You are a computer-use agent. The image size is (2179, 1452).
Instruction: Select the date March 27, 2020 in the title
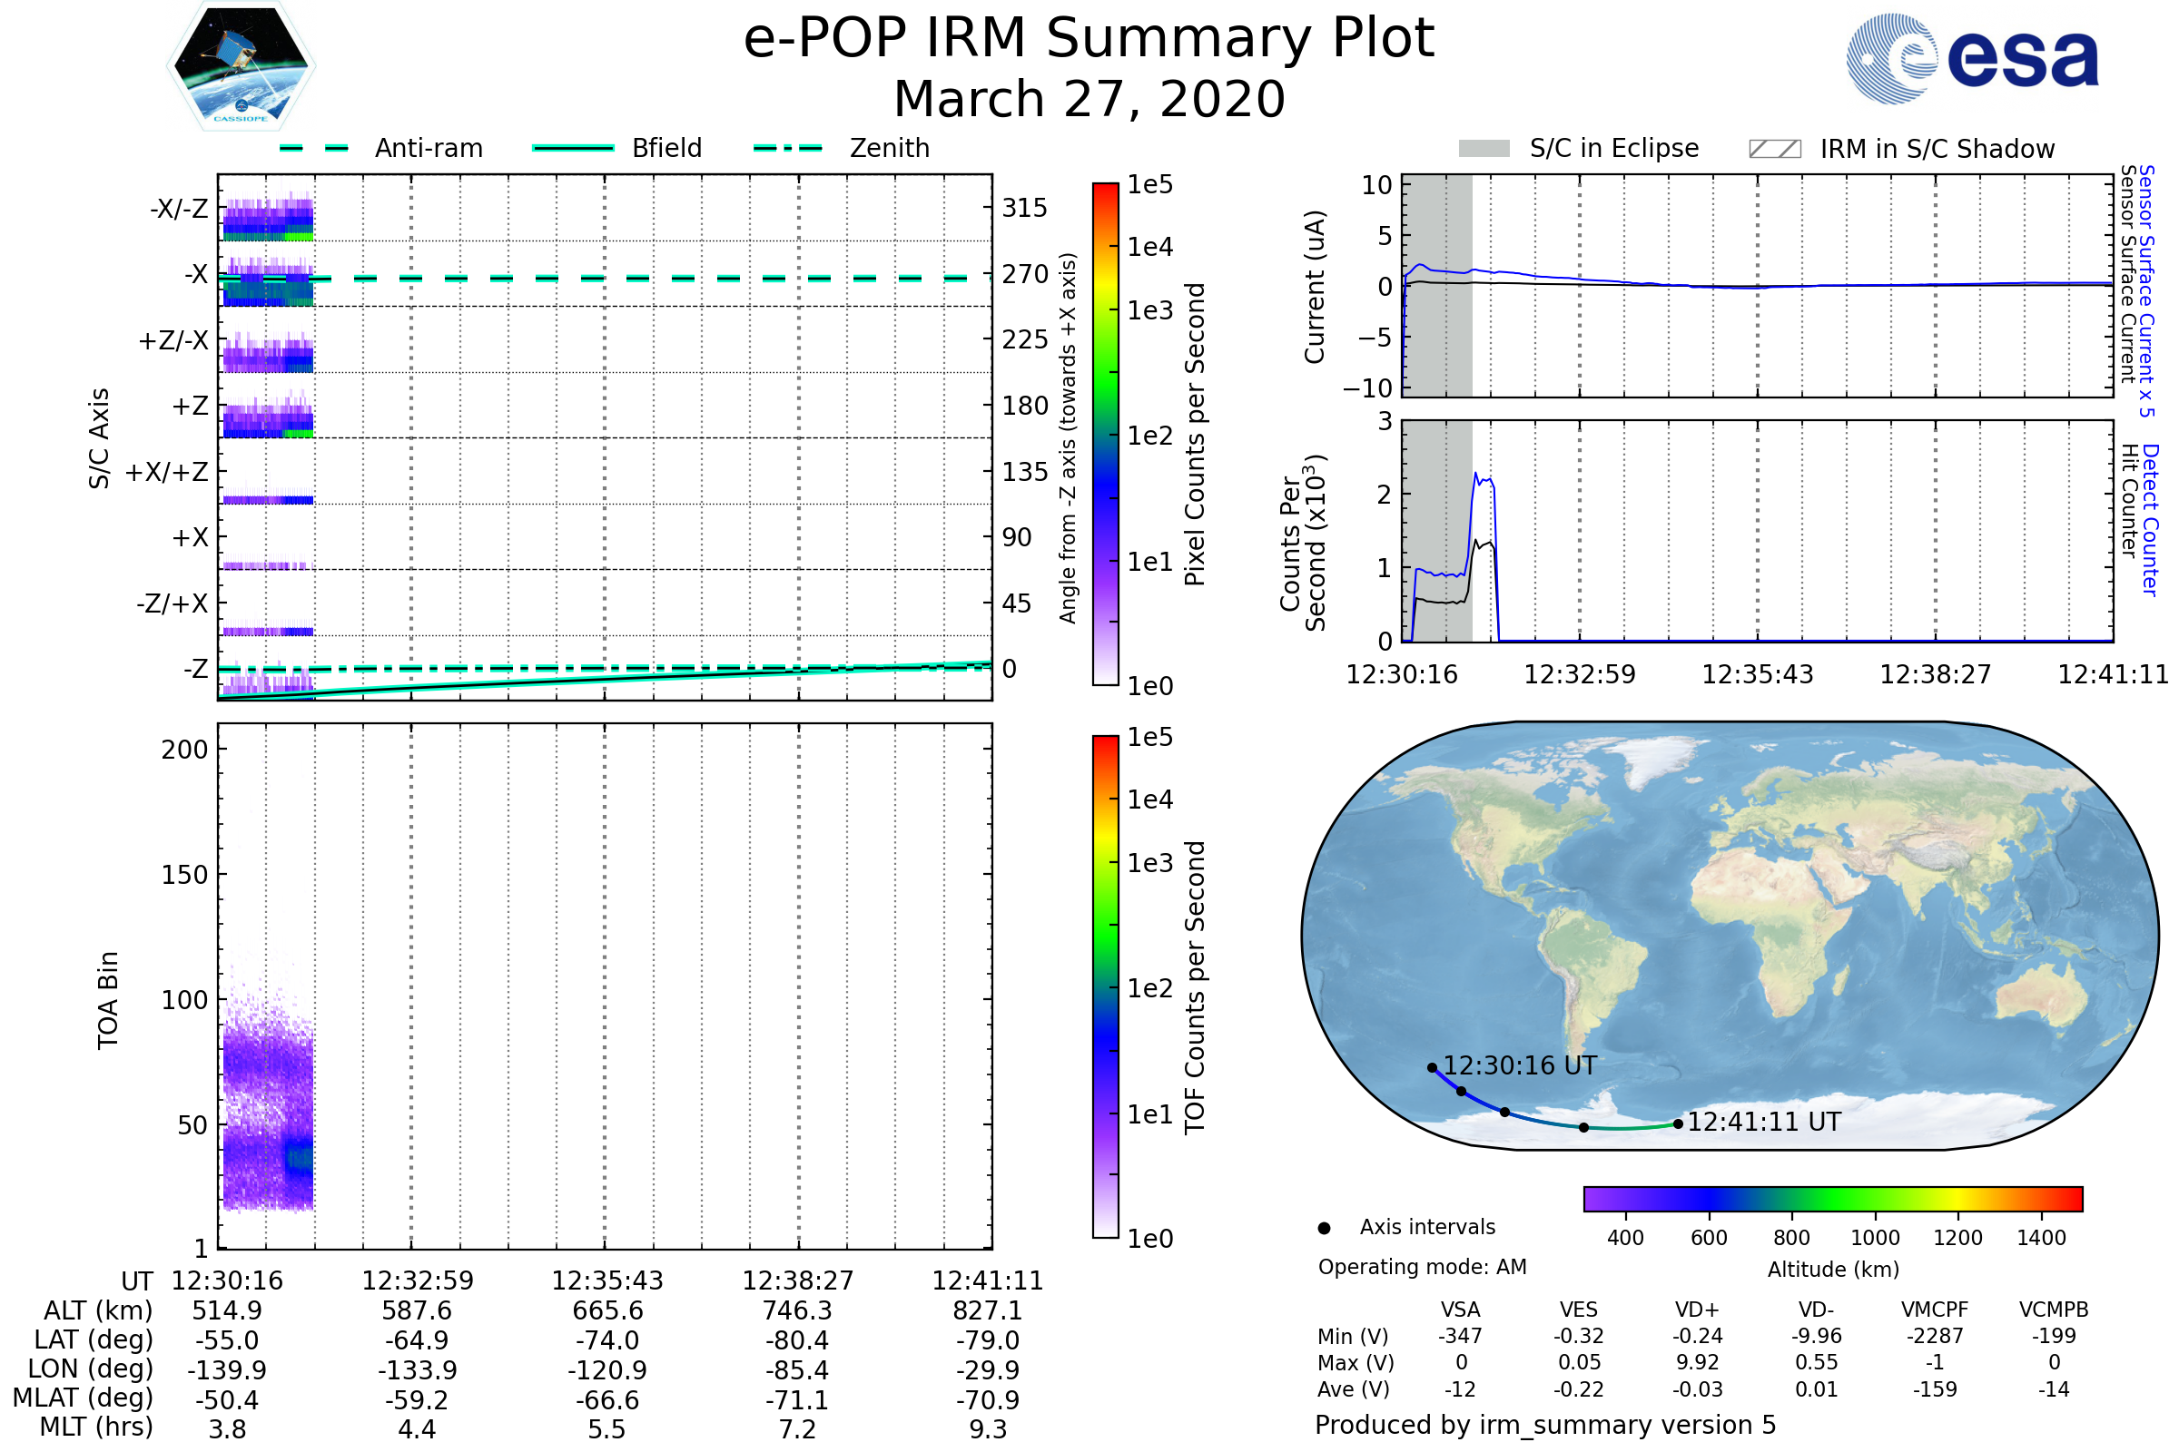(x=1089, y=99)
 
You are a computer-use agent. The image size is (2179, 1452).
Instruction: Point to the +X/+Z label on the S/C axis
(x=167, y=472)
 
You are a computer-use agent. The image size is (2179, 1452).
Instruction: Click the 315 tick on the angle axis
(x=1024, y=208)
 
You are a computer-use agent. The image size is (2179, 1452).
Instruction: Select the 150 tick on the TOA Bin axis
(x=184, y=874)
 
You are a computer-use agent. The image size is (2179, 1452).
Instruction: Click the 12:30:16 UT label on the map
(x=1519, y=1065)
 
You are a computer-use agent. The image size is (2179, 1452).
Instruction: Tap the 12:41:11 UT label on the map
(x=1763, y=1122)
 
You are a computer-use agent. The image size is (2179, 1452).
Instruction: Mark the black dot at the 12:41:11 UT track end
(x=1678, y=1124)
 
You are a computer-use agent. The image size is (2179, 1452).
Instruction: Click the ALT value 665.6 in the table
(x=606, y=1310)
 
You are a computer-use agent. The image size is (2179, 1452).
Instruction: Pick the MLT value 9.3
(x=988, y=1428)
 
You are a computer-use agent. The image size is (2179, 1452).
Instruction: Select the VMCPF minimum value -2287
(x=1935, y=1336)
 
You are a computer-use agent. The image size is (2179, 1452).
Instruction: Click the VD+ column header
(x=1697, y=1310)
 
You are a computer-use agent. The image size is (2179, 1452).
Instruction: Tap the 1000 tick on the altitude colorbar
(x=1874, y=1238)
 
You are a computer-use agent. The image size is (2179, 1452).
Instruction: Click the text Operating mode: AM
(x=1422, y=1267)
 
